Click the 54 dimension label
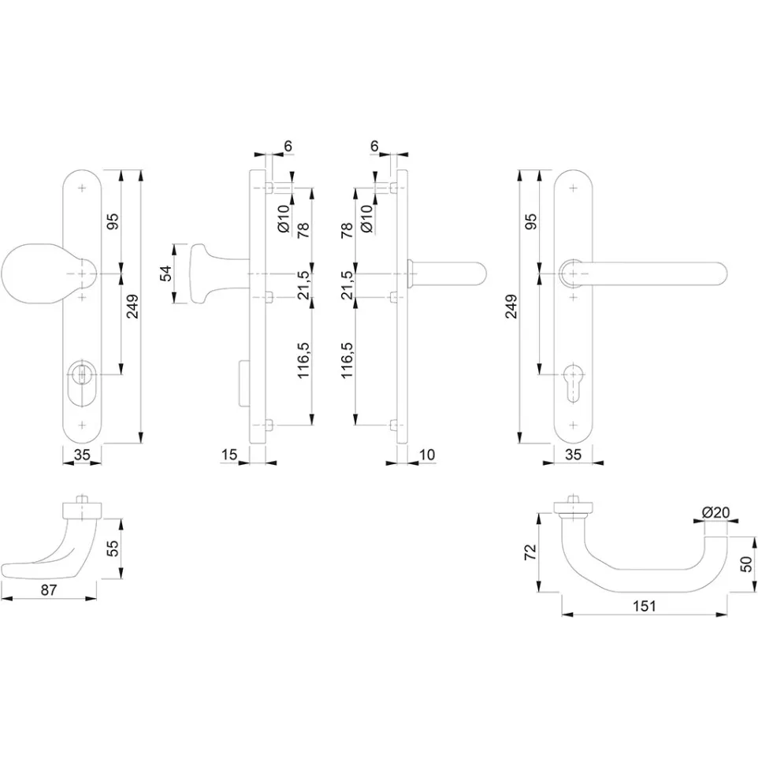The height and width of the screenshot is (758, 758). [x=165, y=273]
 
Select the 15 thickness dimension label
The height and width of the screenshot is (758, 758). [x=229, y=455]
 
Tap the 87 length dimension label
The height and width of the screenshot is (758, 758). [x=48, y=589]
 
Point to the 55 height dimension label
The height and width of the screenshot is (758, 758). [x=112, y=548]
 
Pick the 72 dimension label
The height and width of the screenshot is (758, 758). [x=531, y=552]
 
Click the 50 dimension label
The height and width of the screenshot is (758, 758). [x=747, y=563]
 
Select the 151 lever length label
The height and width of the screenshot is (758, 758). [x=645, y=606]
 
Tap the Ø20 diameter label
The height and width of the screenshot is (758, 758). [x=716, y=512]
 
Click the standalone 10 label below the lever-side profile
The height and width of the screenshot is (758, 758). [x=427, y=455]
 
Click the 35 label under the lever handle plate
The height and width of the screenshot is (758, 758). [x=573, y=455]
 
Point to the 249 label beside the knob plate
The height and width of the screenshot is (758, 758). [x=132, y=307]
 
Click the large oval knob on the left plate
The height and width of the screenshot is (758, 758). [x=34, y=274]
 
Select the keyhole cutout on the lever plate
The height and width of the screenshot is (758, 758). [x=574, y=382]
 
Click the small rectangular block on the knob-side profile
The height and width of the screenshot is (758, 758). [x=244, y=384]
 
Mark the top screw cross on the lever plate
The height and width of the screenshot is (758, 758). [x=574, y=188]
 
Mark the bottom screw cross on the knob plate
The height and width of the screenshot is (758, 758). [x=82, y=425]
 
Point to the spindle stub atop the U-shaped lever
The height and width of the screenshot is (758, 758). [x=574, y=499]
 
